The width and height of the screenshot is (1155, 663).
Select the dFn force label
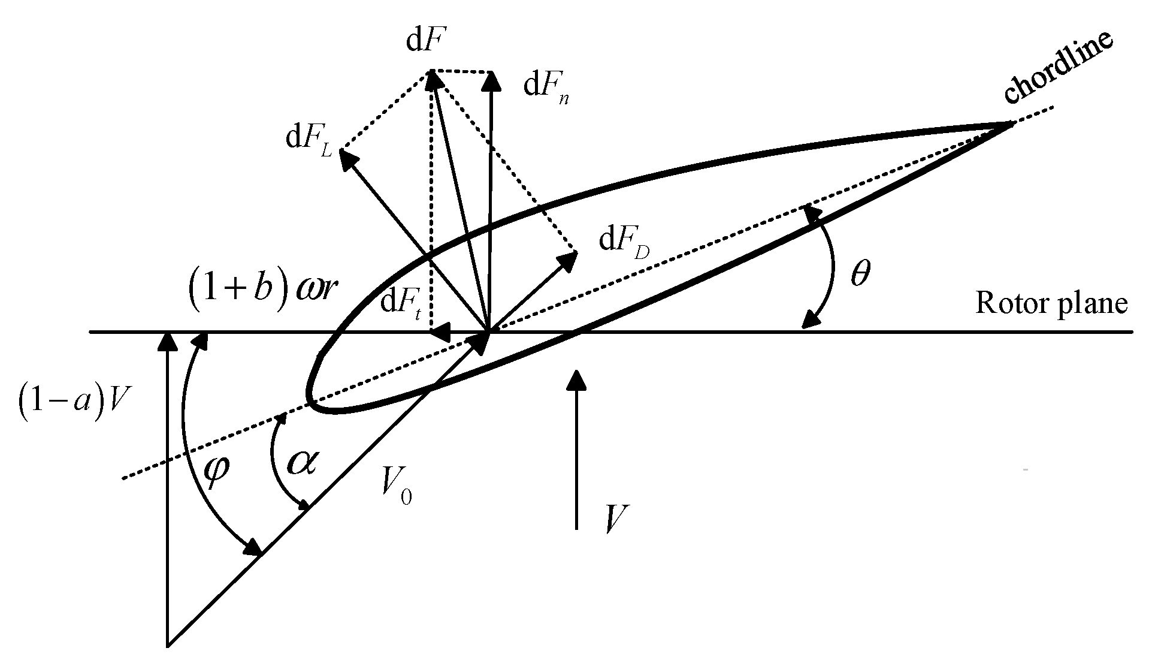click(546, 88)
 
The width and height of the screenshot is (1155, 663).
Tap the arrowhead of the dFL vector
click(347, 157)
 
